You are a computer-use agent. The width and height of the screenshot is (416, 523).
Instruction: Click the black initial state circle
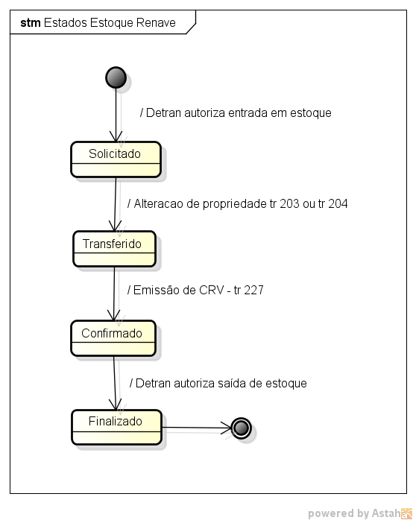[x=116, y=77]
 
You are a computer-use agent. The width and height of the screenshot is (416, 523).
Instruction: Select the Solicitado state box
[x=116, y=159]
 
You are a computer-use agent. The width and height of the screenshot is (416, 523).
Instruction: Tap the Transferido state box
[x=115, y=249]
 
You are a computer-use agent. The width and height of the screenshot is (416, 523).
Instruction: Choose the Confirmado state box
[x=113, y=338]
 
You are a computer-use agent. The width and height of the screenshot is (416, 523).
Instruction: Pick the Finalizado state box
[x=116, y=428]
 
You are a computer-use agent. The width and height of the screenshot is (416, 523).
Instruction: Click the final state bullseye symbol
[x=241, y=428]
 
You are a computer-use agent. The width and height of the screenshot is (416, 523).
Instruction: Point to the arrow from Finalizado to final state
[x=197, y=428]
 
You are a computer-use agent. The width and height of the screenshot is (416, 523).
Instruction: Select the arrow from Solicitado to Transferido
[x=116, y=204]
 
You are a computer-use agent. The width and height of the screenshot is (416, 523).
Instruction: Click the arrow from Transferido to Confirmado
[x=114, y=294]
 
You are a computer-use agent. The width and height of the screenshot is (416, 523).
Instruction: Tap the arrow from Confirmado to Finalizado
[x=115, y=383]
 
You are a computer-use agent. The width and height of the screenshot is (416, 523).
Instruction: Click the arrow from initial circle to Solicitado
[x=116, y=115]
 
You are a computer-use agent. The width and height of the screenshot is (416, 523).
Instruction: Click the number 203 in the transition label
[x=289, y=203]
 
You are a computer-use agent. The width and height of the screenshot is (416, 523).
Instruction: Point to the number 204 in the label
[x=338, y=203]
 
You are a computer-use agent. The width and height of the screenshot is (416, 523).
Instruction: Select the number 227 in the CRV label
[x=253, y=290]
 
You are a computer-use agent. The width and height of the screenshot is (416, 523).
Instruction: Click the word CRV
[x=211, y=290]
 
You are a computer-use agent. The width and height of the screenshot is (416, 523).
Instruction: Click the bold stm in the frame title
[x=31, y=22]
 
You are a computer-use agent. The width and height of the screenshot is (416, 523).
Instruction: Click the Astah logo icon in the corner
[x=406, y=513]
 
